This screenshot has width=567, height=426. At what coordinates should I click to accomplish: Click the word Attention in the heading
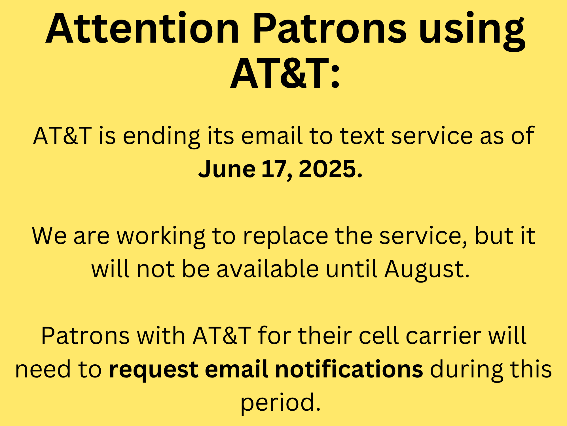point(142,28)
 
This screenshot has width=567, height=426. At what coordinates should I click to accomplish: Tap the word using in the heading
point(472,31)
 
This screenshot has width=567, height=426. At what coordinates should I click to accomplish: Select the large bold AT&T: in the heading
point(285,73)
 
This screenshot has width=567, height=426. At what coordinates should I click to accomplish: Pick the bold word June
point(227,169)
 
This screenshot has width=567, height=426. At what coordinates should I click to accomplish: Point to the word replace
point(285,237)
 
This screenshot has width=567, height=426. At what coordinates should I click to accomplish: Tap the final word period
point(281,403)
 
